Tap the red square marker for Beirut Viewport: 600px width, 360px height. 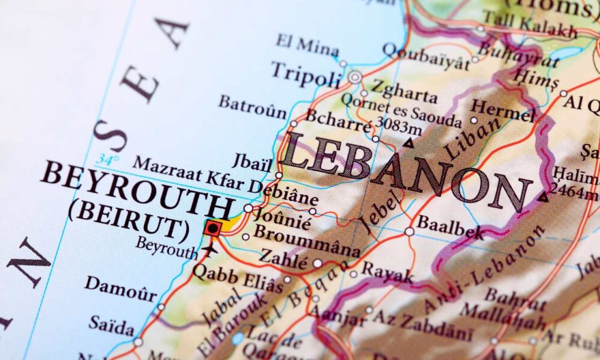point(212,228)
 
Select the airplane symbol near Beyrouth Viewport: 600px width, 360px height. point(209,248)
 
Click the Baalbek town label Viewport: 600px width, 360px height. point(450,227)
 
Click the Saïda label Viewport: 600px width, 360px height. point(112,326)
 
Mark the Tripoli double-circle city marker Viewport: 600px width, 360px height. point(355,77)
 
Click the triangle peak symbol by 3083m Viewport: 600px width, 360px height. point(409,143)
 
